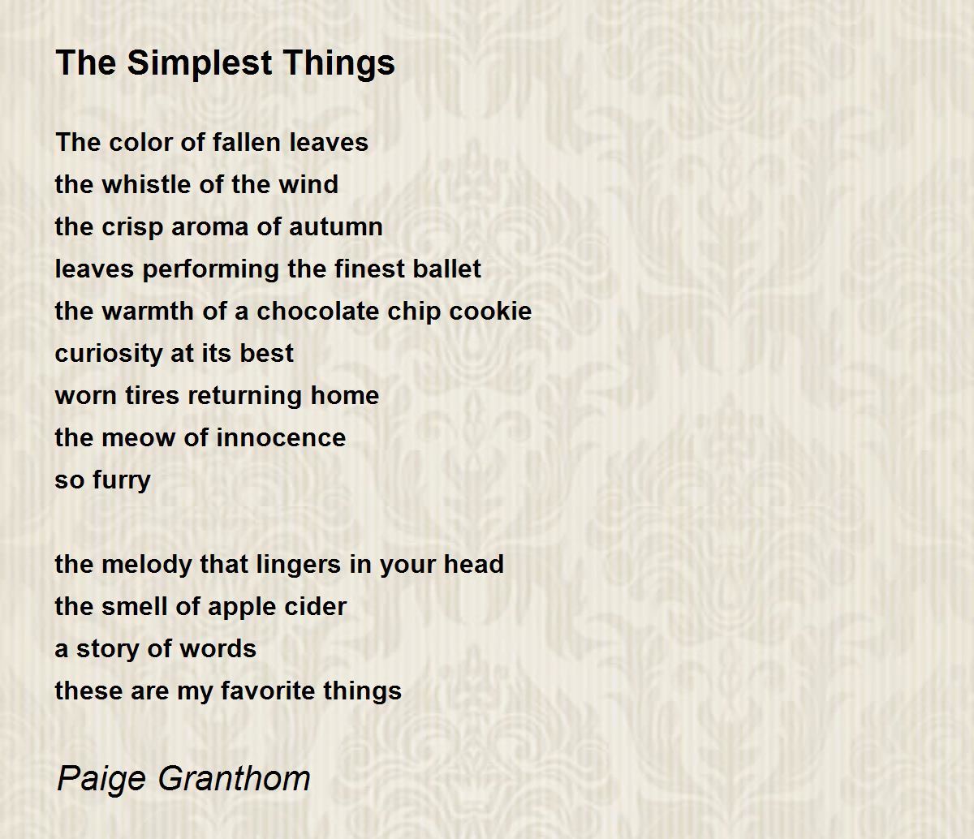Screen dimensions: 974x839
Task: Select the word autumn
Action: pos(335,226)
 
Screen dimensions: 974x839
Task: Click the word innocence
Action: pos(281,437)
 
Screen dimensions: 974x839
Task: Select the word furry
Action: pos(122,481)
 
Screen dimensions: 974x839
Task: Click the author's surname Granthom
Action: pos(235,778)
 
